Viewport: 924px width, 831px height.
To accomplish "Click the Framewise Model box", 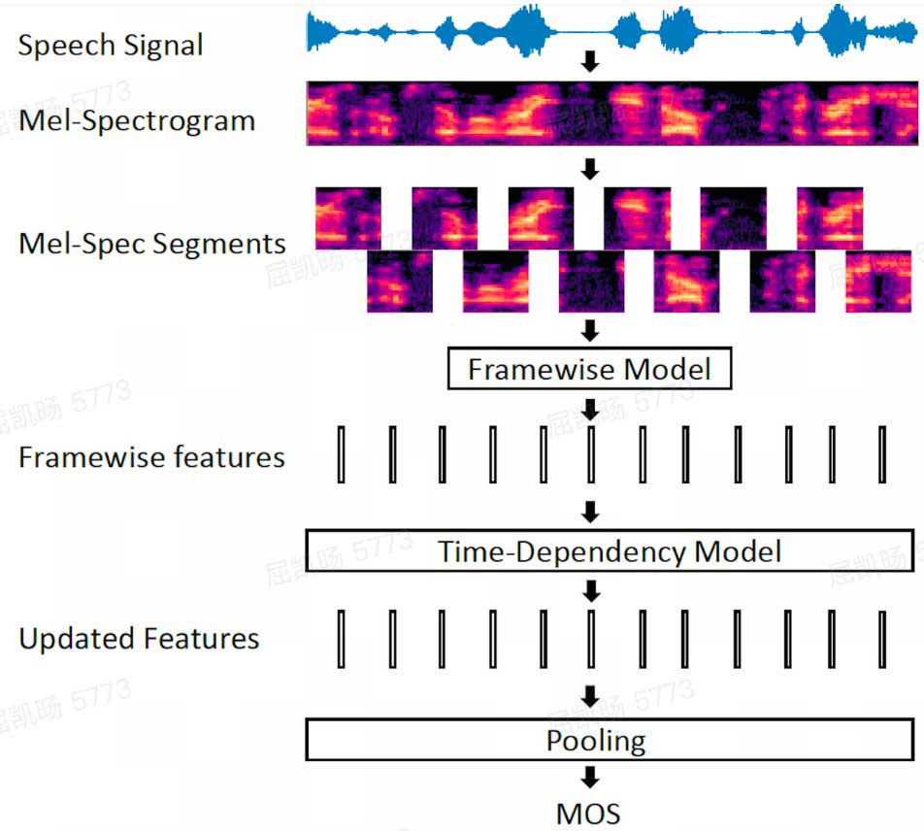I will click(589, 370).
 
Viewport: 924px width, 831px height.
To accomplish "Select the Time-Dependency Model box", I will click(610, 551).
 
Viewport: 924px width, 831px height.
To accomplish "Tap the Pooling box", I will click(610, 741).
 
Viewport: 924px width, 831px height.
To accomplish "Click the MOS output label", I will click(588, 813).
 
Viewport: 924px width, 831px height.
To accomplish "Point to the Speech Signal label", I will click(111, 46).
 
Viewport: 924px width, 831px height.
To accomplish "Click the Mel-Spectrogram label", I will click(137, 121).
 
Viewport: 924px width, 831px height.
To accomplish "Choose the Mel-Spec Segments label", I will click(152, 243).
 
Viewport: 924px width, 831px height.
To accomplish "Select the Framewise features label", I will click(152, 457).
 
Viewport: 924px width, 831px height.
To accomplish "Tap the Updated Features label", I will click(140, 639).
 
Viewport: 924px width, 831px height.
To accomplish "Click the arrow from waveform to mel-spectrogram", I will click(588, 64).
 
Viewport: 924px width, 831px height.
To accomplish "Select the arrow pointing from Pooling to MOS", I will click(588, 777).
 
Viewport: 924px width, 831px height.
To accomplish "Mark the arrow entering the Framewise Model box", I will click(588, 332).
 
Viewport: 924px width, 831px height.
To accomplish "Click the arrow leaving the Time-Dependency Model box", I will click(589, 590).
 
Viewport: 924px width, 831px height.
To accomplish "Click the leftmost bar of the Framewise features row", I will click(343, 453).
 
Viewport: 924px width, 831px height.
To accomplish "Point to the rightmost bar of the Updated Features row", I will click(882, 639).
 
